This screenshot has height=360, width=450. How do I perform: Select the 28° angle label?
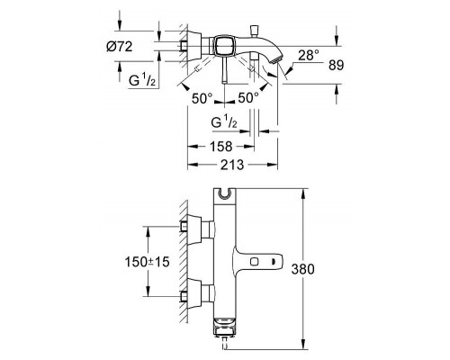[x=310, y=55]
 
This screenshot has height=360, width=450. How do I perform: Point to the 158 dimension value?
[x=220, y=146]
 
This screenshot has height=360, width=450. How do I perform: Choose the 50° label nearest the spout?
[x=249, y=96]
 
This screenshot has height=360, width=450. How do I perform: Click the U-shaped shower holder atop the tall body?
[x=225, y=193]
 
